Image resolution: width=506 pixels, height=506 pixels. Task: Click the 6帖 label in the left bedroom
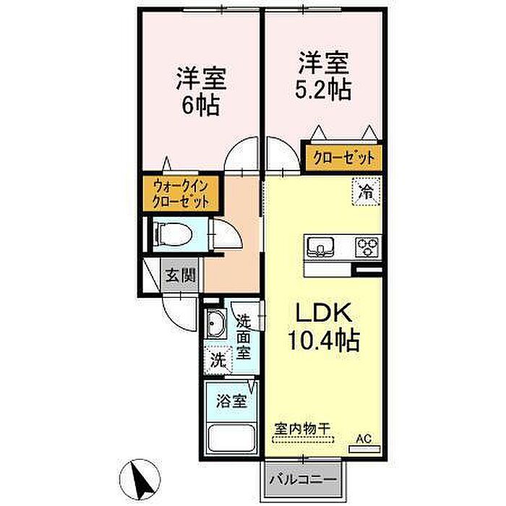coord(201,106)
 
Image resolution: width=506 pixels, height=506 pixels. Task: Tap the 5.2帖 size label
coord(323,90)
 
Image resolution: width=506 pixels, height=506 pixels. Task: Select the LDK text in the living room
coord(324,313)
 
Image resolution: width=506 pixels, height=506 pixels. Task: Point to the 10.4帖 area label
coord(324,340)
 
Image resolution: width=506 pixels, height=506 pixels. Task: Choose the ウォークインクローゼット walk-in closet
coord(181,194)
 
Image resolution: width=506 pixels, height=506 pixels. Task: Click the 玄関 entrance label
coord(181,275)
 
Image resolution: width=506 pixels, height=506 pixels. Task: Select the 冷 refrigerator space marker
coord(366,192)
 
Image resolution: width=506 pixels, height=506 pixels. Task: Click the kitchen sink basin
coord(320,247)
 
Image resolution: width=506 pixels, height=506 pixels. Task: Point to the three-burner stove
coord(367,247)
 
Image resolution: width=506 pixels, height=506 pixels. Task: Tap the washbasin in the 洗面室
coord(215,323)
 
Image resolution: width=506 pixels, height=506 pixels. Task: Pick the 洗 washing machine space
coord(218,360)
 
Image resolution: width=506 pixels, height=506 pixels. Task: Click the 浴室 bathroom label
coord(231,401)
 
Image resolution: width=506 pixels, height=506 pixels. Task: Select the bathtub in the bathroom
coord(232,439)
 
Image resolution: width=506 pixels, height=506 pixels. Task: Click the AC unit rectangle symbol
coord(364,449)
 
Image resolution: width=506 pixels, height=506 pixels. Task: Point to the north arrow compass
coord(140,479)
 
